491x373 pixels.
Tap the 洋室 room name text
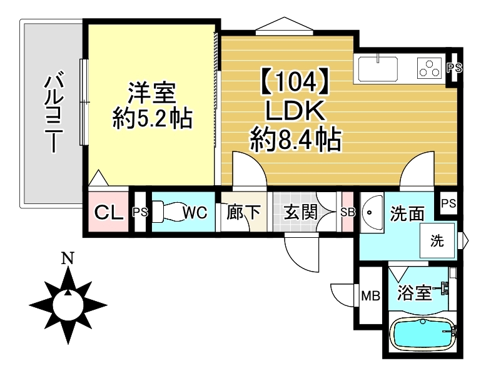pyautogui.click(x=151, y=93)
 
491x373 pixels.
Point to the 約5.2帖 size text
pyautogui.click(x=152, y=118)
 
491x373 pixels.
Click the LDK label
pyautogui.click(x=295, y=111)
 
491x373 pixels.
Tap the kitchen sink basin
pyautogui.click(x=378, y=69)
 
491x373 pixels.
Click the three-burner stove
pyautogui.click(x=429, y=68)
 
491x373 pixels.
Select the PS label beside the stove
pyautogui.click(x=454, y=68)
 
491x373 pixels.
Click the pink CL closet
pyautogui.click(x=108, y=212)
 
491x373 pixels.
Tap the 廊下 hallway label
pyautogui.click(x=243, y=212)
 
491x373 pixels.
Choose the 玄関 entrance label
pyautogui.click(x=300, y=212)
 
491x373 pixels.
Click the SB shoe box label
pyautogui.click(x=348, y=213)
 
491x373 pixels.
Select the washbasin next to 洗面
pyautogui.click(x=372, y=212)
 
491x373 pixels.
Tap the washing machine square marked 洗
pyautogui.click(x=437, y=240)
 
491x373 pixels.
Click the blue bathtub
pyautogui.click(x=423, y=334)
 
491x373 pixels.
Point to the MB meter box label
pyautogui.click(x=370, y=295)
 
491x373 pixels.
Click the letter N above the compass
pyautogui.click(x=68, y=258)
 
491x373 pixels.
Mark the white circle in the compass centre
pyautogui.click(x=68, y=305)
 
